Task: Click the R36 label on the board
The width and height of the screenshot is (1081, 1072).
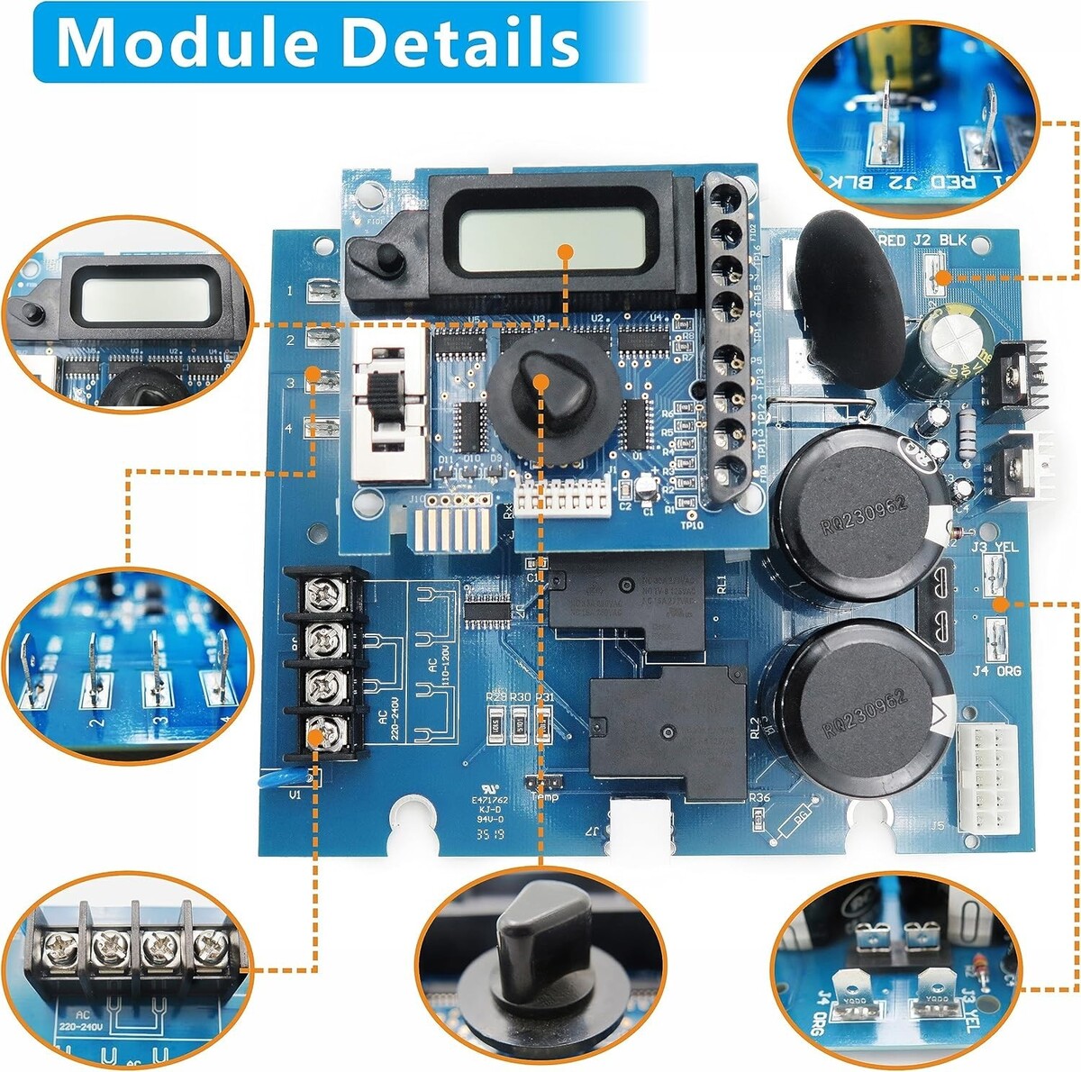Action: [759, 796]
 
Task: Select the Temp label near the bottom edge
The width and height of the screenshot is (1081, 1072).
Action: [544, 796]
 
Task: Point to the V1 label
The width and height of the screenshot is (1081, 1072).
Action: [295, 795]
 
